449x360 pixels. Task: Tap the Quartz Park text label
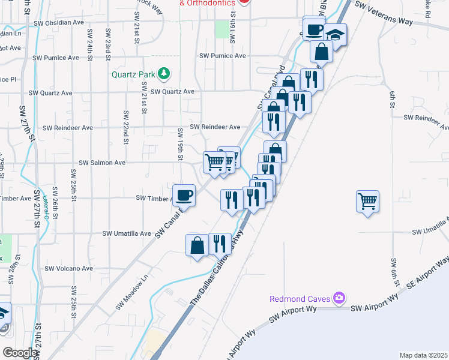[x=133, y=75]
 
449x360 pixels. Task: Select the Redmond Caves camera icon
[x=339, y=297]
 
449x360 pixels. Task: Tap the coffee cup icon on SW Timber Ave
[x=184, y=194]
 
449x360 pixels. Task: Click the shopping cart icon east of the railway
[x=367, y=201]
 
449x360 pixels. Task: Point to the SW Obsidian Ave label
[x=59, y=23]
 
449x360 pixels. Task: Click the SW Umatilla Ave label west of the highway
[x=126, y=233]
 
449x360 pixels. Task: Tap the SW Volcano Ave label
[x=72, y=268]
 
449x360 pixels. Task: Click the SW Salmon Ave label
[x=103, y=163]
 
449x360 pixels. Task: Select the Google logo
[x=20, y=353]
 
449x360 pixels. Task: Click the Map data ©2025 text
[x=423, y=355]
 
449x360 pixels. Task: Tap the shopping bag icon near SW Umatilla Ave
[x=197, y=245]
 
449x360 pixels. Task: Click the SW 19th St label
[x=180, y=146]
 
